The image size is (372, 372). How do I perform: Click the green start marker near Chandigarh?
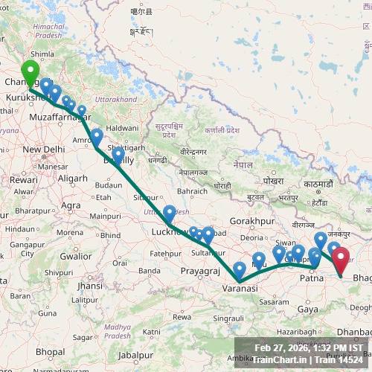coord(30,74)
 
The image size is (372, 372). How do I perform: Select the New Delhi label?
coord(44,150)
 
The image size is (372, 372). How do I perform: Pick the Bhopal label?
coord(50,351)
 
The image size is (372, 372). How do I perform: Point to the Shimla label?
coord(42,54)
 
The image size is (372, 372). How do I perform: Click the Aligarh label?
coord(72,179)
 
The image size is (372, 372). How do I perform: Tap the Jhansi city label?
coord(90,286)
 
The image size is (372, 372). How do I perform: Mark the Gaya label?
coord(307,309)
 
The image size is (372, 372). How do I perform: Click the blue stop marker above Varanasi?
coord(240,269)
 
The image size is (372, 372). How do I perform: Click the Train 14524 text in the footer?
coord(333,360)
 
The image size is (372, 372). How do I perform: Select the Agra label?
coord(71,205)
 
